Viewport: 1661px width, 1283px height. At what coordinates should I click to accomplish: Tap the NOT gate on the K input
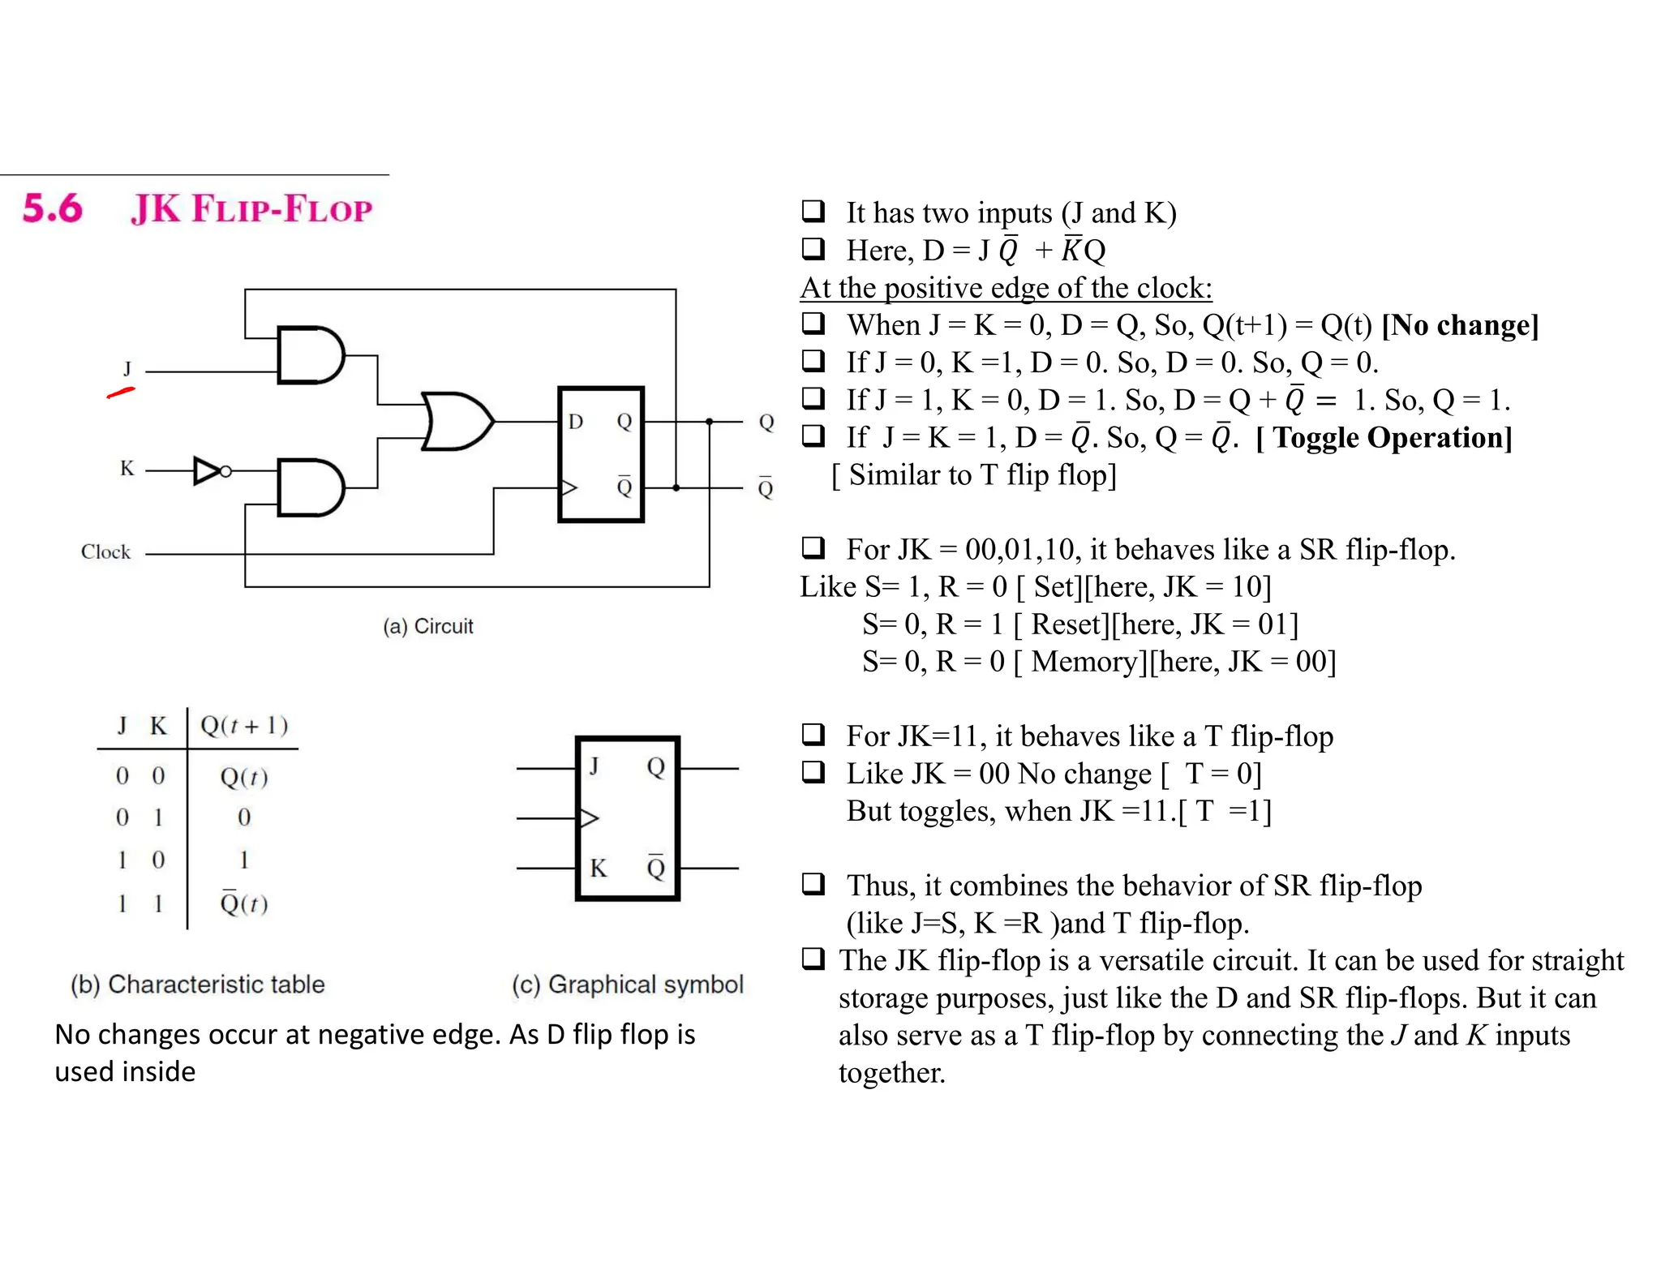(208, 470)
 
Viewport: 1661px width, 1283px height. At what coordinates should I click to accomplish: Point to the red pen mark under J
(120, 393)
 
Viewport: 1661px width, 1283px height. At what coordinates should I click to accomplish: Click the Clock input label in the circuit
(105, 551)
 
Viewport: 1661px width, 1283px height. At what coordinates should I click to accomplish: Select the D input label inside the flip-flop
(576, 422)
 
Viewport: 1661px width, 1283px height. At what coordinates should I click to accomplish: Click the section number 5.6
(53, 208)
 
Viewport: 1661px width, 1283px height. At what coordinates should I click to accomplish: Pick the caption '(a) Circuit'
(427, 626)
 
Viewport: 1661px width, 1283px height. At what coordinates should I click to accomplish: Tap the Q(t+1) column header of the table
(243, 725)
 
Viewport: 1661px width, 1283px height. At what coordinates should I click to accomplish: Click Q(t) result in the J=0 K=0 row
(243, 777)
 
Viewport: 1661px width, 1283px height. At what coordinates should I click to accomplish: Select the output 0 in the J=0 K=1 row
(243, 817)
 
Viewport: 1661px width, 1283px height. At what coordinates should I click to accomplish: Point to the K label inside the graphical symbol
(599, 869)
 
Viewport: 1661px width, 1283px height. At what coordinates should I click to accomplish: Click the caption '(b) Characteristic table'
(197, 985)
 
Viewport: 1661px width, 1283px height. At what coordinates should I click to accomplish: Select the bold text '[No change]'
(1460, 325)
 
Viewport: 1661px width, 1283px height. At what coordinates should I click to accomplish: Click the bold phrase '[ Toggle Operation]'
(1384, 438)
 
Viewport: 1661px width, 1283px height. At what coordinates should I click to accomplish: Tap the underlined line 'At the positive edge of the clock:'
(1006, 288)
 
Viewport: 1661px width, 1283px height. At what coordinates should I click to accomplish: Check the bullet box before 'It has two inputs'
(813, 212)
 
